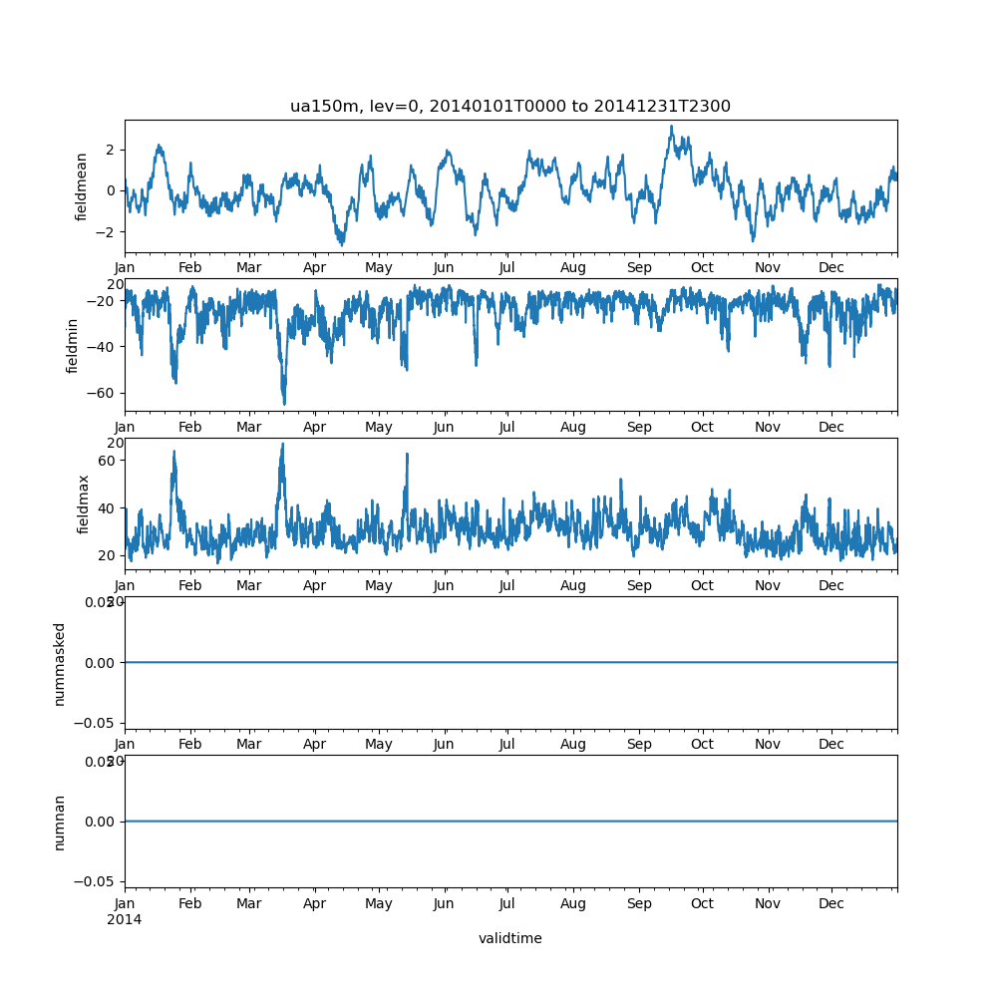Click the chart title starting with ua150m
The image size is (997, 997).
coord(510,107)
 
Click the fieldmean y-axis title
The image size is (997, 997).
coord(82,186)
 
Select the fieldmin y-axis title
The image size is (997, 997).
coord(72,345)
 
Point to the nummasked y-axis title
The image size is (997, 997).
coord(60,663)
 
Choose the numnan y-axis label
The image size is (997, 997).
coord(60,822)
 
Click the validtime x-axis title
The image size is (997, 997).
coord(510,938)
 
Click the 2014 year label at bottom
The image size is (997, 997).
coord(125,919)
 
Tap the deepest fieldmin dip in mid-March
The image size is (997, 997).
coord(284,403)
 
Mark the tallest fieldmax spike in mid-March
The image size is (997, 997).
coord(282,444)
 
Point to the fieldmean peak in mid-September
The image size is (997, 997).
coord(671,127)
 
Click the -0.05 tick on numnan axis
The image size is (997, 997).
coord(98,881)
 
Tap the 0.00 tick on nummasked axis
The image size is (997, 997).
coord(101,663)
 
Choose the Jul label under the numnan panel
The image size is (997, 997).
coord(507,903)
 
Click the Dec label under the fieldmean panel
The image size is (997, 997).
coord(831,268)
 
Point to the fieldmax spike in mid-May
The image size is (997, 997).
coord(407,455)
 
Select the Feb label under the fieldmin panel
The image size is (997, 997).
coord(189,427)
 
